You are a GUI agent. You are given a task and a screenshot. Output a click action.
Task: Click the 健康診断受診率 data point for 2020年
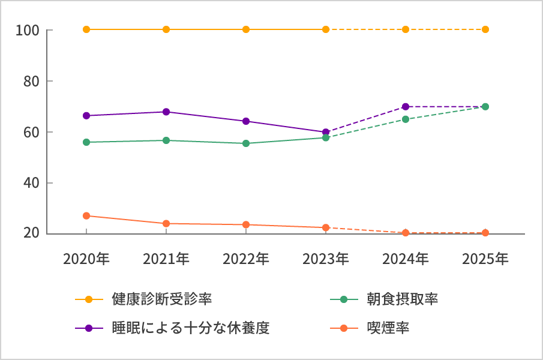click(86, 29)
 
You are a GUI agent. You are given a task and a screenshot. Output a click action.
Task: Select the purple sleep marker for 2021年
click(166, 112)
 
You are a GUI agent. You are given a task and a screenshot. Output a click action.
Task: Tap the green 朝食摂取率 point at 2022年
click(246, 143)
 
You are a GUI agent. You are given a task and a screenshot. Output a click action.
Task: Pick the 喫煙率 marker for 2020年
click(86, 215)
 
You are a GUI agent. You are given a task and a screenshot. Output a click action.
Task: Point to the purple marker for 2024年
click(406, 107)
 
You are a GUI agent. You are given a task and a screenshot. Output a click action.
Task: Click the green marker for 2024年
click(406, 119)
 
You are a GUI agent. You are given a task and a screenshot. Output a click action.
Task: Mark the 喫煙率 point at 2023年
click(326, 227)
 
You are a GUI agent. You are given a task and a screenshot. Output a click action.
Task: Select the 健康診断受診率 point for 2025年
click(485, 29)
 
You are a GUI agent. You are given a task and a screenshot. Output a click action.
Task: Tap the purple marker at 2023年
click(326, 132)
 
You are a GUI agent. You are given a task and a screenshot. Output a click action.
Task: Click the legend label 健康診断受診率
click(161, 299)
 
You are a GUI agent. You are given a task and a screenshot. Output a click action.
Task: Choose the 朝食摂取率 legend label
click(402, 299)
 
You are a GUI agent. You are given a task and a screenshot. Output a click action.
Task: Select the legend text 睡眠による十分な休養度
click(190, 328)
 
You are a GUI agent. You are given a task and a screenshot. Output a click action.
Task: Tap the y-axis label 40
click(31, 183)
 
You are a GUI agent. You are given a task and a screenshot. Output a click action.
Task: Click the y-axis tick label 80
click(31, 81)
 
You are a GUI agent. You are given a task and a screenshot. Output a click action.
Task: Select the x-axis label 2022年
click(246, 259)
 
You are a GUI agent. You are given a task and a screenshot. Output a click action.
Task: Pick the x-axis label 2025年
click(485, 259)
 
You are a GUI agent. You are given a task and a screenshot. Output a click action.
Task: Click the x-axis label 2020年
click(86, 259)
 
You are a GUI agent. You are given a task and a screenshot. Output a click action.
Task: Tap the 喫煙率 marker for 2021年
click(166, 224)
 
